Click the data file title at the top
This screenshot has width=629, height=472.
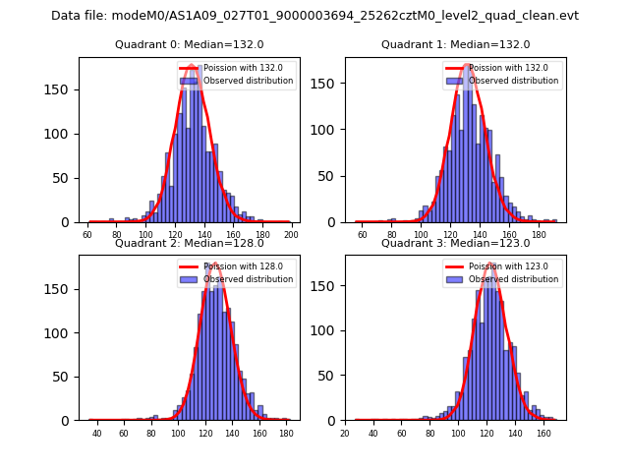click(314, 16)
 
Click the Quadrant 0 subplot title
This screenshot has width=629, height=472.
click(189, 44)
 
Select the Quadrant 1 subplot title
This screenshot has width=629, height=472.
click(455, 44)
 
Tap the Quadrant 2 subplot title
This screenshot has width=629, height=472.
click(189, 243)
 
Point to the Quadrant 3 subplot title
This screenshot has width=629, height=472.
click(455, 243)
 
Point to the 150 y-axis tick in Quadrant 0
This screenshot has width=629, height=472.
click(63, 89)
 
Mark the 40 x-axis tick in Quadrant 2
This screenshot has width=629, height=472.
click(96, 434)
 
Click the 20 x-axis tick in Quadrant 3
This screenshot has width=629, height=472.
click(345, 434)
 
